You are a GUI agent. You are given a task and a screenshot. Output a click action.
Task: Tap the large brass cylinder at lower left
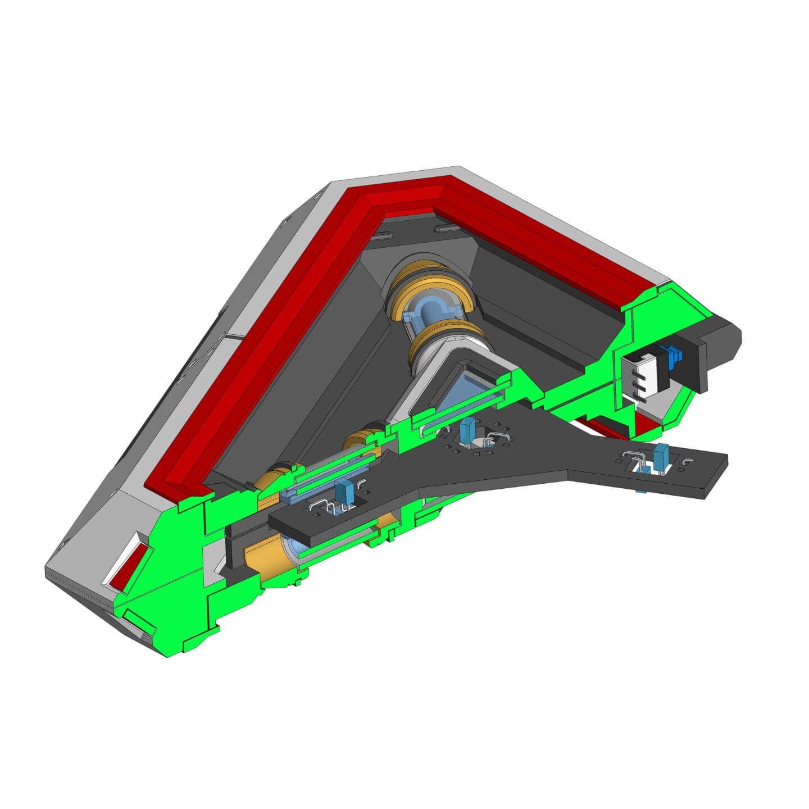point(270,556)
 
